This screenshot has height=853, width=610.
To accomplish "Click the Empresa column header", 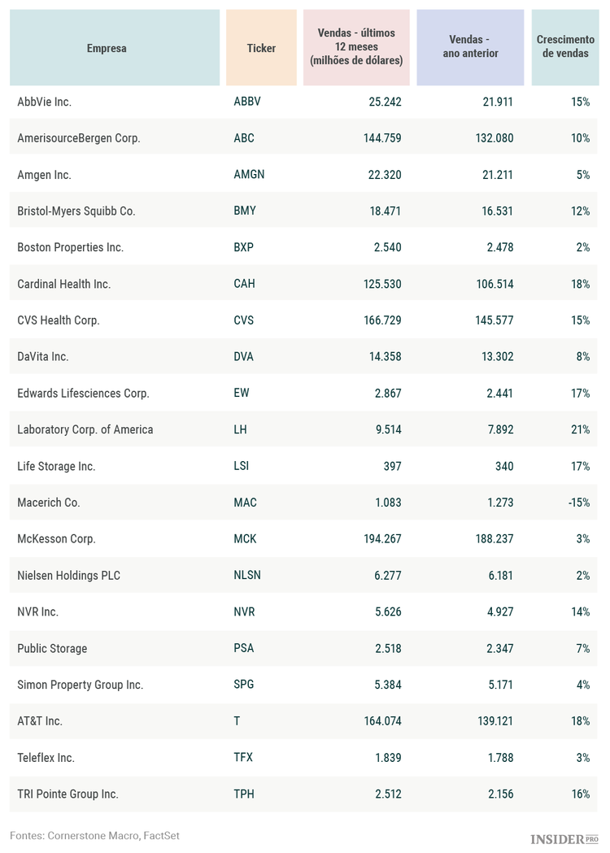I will tap(107, 48).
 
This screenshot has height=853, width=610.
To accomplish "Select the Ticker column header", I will tap(261, 48).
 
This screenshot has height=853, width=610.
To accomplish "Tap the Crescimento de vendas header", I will tap(565, 46).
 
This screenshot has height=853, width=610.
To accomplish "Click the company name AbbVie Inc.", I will tap(45, 102).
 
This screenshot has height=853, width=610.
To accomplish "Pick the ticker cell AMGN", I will tap(249, 175).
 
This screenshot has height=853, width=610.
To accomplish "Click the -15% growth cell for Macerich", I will tap(579, 503).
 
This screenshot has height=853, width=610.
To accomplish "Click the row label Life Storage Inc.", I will tap(56, 467).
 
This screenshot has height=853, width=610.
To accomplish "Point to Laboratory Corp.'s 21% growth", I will tap(580, 429).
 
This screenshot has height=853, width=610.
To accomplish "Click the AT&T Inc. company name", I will tap(40, 721).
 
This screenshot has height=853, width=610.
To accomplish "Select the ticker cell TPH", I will tap(244, 794).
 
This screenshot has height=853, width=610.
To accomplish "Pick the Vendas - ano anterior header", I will tap(470, 46).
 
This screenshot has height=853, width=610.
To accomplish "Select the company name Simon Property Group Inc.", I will tap(80, 685).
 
